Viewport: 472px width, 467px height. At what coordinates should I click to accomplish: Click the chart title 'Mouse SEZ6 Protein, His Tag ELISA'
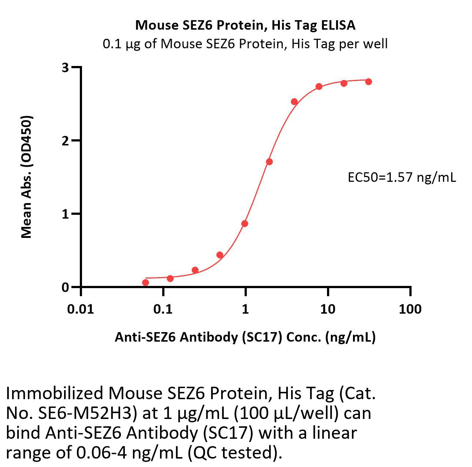pos(245,25)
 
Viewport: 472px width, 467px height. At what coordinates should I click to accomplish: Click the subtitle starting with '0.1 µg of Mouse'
pos(245,44)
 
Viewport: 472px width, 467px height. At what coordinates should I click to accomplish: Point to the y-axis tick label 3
pos(66,67)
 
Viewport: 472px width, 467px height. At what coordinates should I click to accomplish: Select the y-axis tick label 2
pos(66,141)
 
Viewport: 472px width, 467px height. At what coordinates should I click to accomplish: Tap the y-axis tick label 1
pos(66,214)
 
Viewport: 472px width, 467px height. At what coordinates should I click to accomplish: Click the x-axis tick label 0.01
pos(81,309)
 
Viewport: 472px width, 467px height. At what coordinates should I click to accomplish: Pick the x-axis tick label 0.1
pos(163,309)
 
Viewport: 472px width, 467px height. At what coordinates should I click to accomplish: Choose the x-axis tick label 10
pos(328,309)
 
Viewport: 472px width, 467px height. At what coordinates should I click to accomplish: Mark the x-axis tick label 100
pos(410,309)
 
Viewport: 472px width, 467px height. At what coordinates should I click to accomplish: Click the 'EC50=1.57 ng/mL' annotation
pos(402,177)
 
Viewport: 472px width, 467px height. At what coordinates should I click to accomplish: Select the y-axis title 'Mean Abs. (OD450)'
pos(26,177)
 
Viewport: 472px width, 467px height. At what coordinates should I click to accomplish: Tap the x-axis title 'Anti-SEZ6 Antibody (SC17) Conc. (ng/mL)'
pos(245,337)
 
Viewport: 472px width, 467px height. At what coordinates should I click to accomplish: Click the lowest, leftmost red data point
pos(145,283)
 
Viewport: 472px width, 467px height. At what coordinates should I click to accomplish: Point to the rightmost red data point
pos(368,82)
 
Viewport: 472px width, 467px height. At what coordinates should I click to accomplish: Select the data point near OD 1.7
pos(269,162)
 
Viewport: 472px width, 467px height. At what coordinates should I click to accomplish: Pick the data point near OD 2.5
pos(294,102)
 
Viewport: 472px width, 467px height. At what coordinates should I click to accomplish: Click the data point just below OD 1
pos(245,224)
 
